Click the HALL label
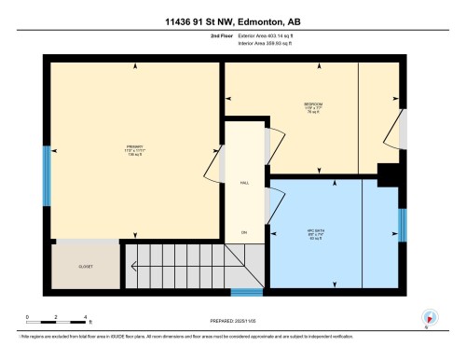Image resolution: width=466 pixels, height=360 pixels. [x=244, y=184]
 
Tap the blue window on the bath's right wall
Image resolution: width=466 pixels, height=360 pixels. [x=403, y=225]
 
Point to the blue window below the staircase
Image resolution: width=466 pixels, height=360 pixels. [x=246, y=292]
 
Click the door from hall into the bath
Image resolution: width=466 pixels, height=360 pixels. [x=274, y=203]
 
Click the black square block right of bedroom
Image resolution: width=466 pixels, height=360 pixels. [x=385, y=173]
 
